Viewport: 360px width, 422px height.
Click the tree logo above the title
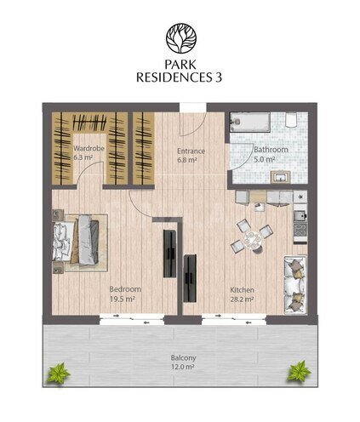tap(181, 38)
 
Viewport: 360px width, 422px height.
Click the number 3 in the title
tap(219, 77)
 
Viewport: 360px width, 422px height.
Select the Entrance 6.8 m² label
tap(191, 155)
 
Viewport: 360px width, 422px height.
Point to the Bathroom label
tap(271, 150)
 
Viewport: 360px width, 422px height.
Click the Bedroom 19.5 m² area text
tap(125, 294)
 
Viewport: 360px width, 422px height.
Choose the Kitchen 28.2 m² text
tap(242, 294)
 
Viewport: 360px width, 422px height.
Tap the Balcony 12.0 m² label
tap(183, 362)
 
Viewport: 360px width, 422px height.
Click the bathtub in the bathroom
tap(250, 123)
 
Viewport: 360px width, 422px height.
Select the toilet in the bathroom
tap(291, 119)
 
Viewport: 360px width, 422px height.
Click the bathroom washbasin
tap(280, 177)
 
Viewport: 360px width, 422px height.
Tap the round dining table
tap(253, 240)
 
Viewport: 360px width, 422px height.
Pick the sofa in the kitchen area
tap(295, 285)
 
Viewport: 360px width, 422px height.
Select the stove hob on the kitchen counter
tap(300, 230)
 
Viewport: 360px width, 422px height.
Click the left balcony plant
tap(59, 373)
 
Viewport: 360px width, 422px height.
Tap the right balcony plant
tap(299, 371)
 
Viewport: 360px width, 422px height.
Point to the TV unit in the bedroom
tap(169, 254)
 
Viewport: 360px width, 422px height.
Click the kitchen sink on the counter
tap(300, 216)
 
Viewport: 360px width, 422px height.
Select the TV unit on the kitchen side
tap(190, 278)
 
